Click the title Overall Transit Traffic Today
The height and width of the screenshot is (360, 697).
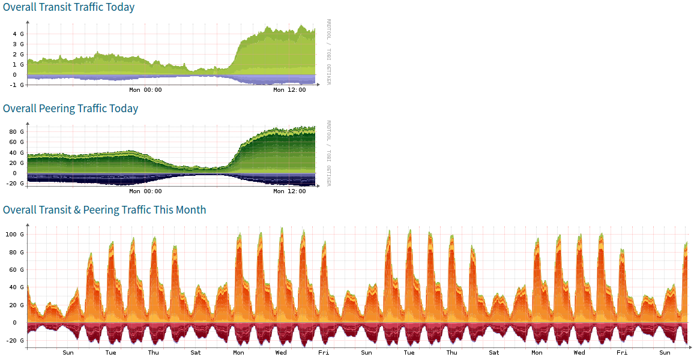(x=68, y=7)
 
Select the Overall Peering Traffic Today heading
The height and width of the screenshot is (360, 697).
(x=70, y=109)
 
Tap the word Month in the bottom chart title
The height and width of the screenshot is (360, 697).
(x=189, y=210)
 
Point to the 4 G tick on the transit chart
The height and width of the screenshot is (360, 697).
(x=19, y=34)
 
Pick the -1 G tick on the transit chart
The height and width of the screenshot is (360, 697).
(x=17, y=85)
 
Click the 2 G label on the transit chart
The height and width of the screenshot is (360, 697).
(x=19, y=55)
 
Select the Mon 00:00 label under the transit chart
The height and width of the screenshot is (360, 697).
(x=145, y=90)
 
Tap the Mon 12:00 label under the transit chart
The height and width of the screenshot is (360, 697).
(x=289, y=90)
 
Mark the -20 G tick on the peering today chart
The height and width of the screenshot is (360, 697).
(x=16, y=184)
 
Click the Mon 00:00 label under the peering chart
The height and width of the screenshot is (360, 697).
(x=145, y=191)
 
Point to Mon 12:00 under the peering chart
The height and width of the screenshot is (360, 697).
(x=289, y=191)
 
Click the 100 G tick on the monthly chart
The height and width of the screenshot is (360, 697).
(x=16, y=235)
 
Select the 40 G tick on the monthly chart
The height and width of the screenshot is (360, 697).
(x=17, y=287)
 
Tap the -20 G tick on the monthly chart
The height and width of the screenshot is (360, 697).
(x=16, y=341)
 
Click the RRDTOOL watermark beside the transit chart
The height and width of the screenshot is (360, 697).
(x=328, y=30)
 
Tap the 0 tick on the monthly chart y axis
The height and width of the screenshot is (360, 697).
(x=22, y=323)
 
